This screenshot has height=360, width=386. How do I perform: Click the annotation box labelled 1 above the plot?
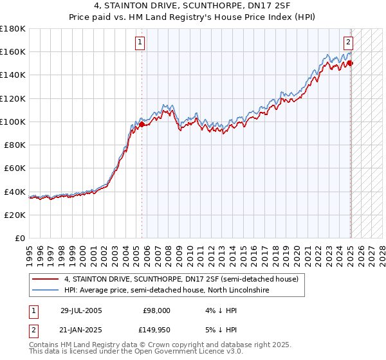[x=140, y=43]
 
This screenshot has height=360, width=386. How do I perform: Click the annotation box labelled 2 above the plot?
[x=348, y=43]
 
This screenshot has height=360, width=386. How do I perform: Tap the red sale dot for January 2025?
[x=351, y=63]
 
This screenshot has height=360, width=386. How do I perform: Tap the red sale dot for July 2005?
[x=142, y=123]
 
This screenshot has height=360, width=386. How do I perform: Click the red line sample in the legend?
[x=45, y=280]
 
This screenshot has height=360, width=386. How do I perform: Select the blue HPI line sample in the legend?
[x=45, y=291]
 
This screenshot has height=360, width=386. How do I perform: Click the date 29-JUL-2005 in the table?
[x=81, y=310]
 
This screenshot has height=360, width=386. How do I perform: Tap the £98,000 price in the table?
[x=157, y=310]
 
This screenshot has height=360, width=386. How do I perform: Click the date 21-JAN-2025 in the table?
[x=81, y=330]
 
